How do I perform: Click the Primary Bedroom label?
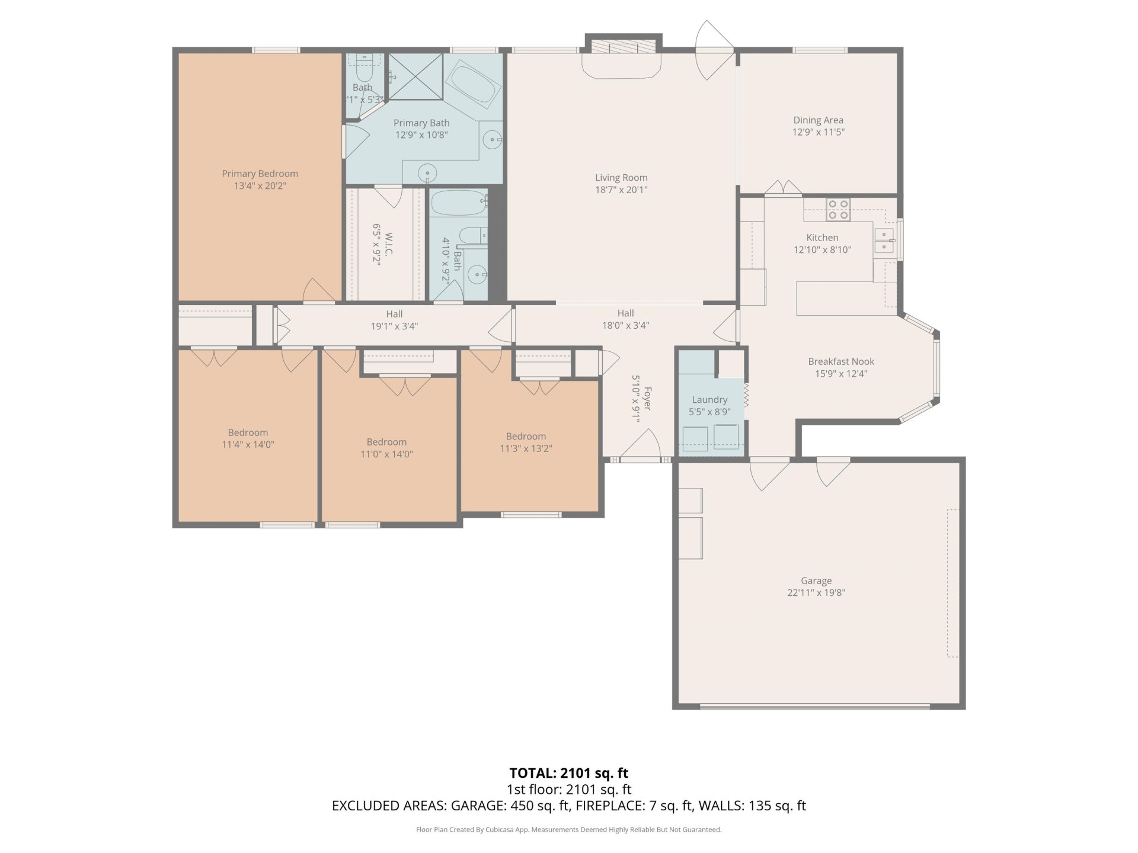point(260,174)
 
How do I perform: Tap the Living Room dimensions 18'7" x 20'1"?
point(621,190)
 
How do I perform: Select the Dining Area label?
point(818,120)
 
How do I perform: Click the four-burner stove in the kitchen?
point(838,210)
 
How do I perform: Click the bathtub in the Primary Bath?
point(473,85)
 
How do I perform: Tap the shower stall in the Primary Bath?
point(415,76)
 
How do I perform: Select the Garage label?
point(816,581)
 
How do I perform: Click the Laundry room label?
point(709,400)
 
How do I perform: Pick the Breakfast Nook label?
point(841,361)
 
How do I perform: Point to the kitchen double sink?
point(884,239)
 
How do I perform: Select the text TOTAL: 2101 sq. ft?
point(568,773)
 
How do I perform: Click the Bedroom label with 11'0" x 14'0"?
point(386,442)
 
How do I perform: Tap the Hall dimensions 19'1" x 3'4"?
point(394,326)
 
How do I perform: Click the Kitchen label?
point(822,238)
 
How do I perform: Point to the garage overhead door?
point(815,706)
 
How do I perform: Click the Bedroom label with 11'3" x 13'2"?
point(526,437)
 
